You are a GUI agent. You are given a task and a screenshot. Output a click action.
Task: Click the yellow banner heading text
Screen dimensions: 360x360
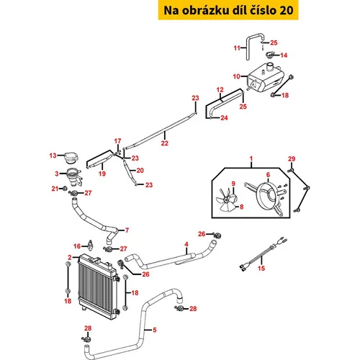click(x=228, y=10)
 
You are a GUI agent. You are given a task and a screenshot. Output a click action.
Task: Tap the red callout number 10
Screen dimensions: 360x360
click(x=237, y=76)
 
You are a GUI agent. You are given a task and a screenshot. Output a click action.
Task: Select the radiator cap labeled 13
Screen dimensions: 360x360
click(x=71, y=158)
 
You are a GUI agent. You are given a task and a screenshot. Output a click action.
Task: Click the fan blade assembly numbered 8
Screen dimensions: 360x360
click(x=226, y=201)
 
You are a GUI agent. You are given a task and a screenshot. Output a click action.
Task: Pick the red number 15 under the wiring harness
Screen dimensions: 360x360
click(x=261, y=268)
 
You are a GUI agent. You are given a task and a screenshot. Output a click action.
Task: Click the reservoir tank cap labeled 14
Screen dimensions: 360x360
click(x=271, y=55)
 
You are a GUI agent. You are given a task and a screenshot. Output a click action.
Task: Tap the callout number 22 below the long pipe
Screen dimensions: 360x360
click(x=165, y=143)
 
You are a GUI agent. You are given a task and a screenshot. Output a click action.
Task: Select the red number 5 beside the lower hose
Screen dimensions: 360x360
click(x=155, y=330)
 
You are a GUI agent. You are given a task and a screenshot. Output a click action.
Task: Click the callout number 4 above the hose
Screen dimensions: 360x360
click(x=186, y=244)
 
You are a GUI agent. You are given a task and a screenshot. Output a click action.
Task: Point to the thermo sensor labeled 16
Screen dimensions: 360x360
click(x=91, y=245)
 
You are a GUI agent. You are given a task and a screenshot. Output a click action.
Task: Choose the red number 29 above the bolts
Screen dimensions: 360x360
click(x=292, y=158)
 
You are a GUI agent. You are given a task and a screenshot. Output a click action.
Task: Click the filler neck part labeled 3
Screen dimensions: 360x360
click(x=73, y=177)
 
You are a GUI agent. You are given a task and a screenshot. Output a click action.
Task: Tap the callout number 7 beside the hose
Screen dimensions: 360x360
click(x=127, y=230)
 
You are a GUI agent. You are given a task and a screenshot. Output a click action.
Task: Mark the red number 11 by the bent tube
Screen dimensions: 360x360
click(x=237, y=48)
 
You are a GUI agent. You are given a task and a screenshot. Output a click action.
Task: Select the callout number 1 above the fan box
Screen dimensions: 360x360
click(x=251, y=158)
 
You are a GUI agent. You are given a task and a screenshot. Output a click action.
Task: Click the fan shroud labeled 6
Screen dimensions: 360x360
click(x=266, y=197)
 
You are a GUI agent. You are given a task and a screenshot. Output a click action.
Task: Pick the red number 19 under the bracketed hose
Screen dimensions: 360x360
click(x=102, y=174)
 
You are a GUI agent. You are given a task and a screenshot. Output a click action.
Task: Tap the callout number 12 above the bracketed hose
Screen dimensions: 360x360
click(x=220, y=90)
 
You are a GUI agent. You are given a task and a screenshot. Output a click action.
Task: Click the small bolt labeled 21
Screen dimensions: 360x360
click(x=64, y=189)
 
